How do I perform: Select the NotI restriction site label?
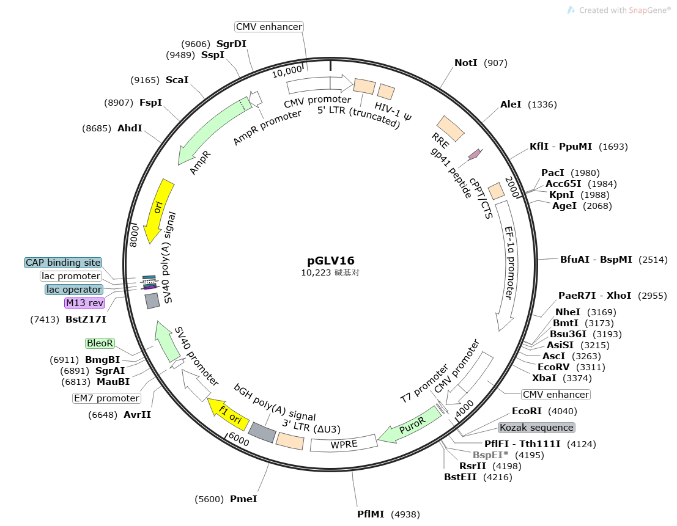click(x=467, y=63)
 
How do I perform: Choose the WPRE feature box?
click(x=344, y=444)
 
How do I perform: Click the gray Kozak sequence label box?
click(x=536, y=428)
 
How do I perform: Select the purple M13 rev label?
click(x=84, y=302)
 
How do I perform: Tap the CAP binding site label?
click(x=63, y=263)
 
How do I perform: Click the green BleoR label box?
click(x=100, y=343)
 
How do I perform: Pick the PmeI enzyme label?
click(x=243, y=499)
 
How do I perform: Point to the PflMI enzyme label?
click(x=371, y=514)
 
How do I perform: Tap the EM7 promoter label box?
click(x=106, y=398)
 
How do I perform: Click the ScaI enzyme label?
click(x=177, y=80)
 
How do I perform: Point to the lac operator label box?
click(x=73, y=289)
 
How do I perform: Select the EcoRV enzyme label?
click(x=554, y=367)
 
